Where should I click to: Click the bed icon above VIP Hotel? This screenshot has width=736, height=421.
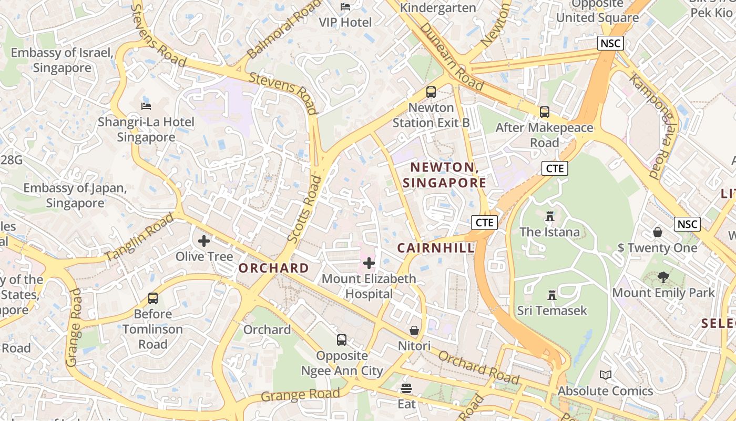tap(345, 7)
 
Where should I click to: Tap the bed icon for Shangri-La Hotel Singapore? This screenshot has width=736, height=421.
tap(146, 106)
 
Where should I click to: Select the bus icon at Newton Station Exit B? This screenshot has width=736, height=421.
tap(431, 92)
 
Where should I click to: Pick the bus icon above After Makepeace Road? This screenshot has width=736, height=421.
tap(545, 112)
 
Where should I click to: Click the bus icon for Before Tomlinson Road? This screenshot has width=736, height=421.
tap(153, 298)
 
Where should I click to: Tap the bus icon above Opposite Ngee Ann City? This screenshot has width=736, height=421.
tap(342, 340)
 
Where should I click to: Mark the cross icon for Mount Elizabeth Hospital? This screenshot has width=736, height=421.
tap(369, 263)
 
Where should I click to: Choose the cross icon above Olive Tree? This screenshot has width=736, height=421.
tap(204, 241)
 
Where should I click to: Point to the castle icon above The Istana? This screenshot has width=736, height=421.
tap(550, 216)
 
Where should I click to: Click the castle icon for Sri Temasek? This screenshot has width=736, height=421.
tap(551, 295)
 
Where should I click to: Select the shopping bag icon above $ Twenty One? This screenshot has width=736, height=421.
tap(658, 232)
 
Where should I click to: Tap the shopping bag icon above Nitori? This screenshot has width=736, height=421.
tap(414, 330)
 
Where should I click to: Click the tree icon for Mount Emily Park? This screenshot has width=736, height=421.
tap(663, 277)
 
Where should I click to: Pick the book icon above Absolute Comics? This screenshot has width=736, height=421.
tap(606, 375)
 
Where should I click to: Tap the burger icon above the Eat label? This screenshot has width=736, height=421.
tap(406, 388)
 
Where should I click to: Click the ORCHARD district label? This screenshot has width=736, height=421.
tap(274, 268)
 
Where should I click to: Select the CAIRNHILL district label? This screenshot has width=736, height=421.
tap(436, 248)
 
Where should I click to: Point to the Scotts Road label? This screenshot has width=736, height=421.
tap(305, 209)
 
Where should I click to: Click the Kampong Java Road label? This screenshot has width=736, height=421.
tap(652, 126)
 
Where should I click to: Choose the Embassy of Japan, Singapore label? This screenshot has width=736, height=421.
tap(75, 195)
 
